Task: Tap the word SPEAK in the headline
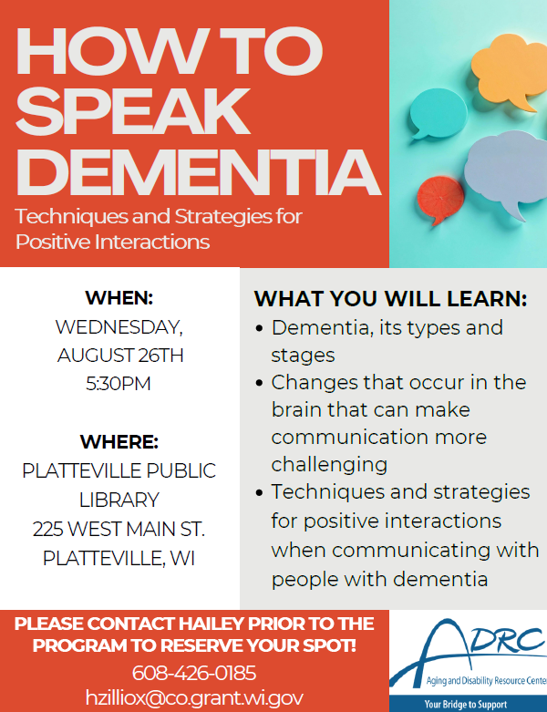point(132,111)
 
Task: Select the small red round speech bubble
point(439,200)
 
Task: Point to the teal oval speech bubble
point(438,113)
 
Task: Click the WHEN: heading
point(119,298)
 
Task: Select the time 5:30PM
point(119,384)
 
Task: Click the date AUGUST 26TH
point(120,356)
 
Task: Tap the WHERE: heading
point(119,441)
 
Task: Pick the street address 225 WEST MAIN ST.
point(119,529)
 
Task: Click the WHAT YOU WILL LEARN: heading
point(390,299)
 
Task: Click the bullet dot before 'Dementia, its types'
point(259,328)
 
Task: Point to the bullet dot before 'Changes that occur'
point(259,383)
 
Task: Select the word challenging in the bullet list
point(329,465)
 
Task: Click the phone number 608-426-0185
point(194,673)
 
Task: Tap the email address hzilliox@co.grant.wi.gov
point(194,697)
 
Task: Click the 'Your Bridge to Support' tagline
point(465,705)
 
